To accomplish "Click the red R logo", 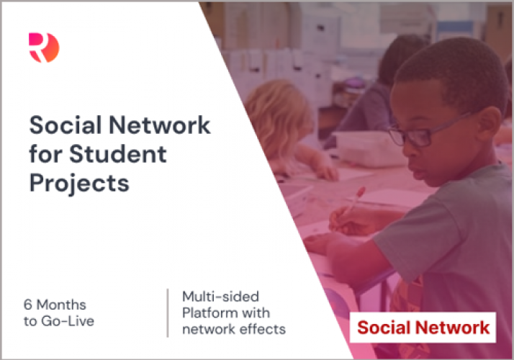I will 43,48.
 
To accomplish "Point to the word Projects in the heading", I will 79,183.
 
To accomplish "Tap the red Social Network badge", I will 423,328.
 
